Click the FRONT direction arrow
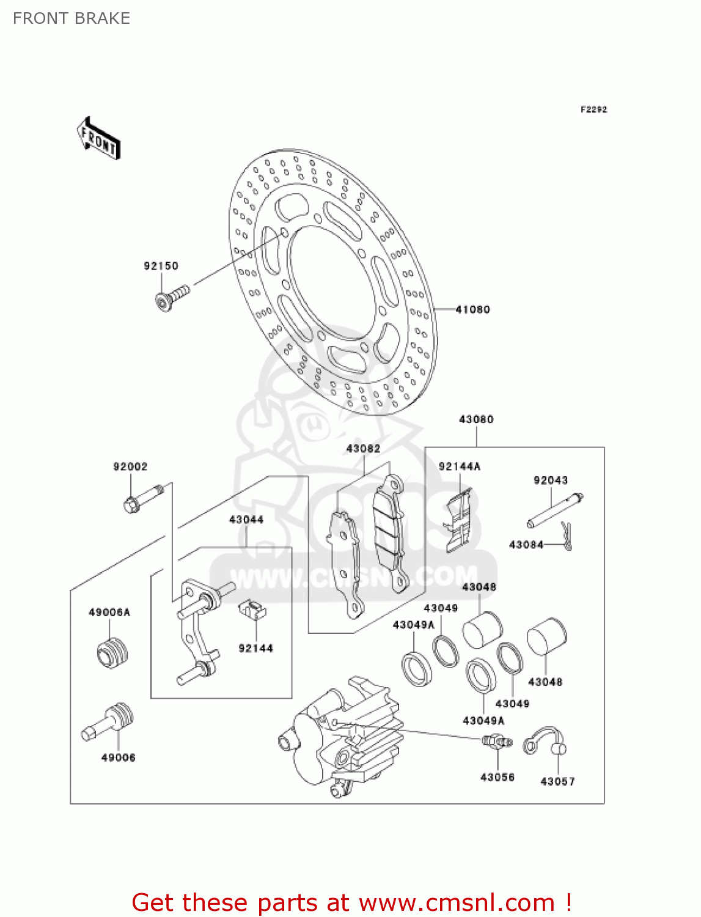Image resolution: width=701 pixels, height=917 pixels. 98,138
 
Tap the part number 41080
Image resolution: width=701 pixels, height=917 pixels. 472,309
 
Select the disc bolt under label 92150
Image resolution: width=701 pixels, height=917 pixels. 172,297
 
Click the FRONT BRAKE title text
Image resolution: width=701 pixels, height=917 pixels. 72,18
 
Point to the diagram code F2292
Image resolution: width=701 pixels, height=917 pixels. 593,109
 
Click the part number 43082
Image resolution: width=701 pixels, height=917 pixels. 363,449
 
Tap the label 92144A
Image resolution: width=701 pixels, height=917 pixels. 459,466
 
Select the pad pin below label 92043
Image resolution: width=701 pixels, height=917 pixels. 555,510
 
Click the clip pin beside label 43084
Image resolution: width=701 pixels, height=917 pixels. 567,536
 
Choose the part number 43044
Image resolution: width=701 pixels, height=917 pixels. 246,520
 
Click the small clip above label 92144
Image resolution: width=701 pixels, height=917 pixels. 252,609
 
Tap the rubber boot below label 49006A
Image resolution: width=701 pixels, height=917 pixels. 112,654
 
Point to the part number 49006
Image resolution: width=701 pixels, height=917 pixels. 119,757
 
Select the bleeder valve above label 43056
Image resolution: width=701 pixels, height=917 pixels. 497,742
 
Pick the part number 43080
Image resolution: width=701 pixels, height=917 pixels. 476,419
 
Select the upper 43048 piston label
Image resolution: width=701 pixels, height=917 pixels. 479,587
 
